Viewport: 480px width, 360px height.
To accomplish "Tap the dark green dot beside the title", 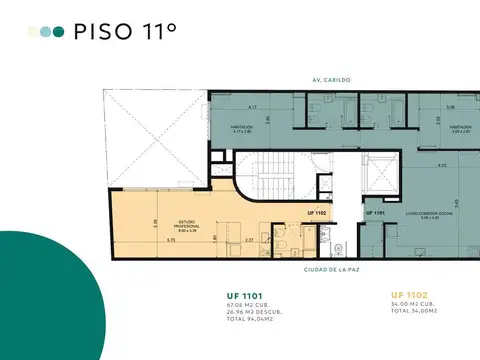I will point(58,32).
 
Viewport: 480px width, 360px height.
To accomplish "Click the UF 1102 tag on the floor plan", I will point(317,212).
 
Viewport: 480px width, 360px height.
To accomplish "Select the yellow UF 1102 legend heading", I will point(411,296).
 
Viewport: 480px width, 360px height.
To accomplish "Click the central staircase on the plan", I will point(271,180).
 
